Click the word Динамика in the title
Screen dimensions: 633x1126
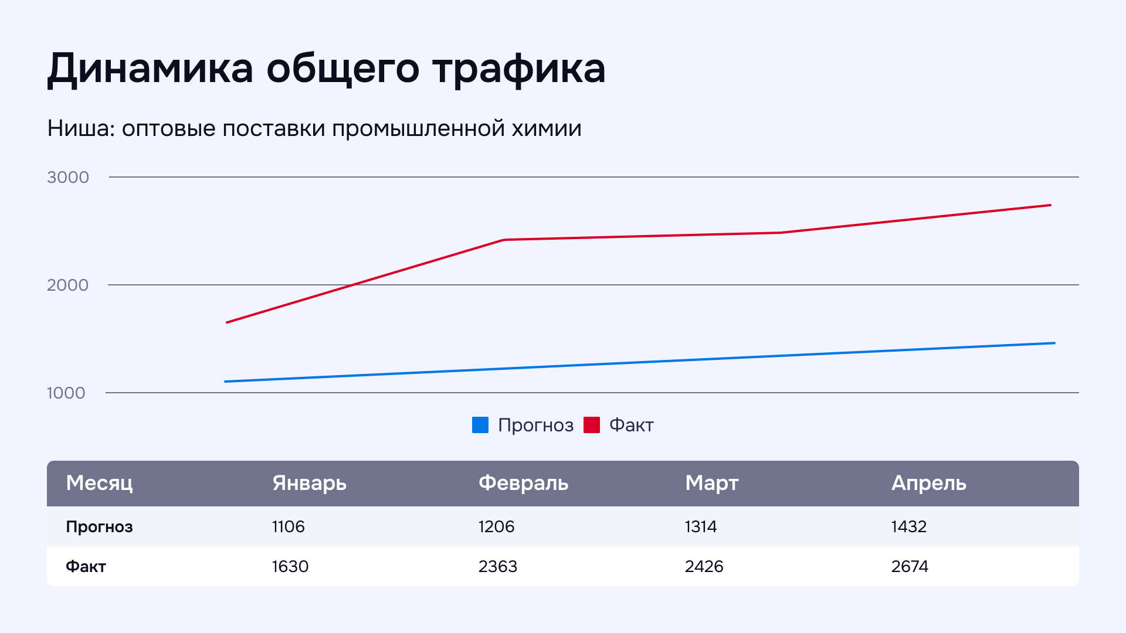tap(150, 69)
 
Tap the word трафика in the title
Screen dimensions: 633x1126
tap(519, 69)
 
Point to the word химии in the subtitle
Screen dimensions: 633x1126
tap(546, 128)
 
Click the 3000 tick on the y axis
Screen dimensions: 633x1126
tap(68, 177)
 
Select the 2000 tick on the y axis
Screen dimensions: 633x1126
tap(68, 285)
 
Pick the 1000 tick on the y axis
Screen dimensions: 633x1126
tap(66, 393)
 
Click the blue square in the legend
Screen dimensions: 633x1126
tap(480, 425)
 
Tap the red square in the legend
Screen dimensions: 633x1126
tap(592, 425)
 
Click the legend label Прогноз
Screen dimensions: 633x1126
tap(535, 425)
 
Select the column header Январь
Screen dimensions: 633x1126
tap(309, 484)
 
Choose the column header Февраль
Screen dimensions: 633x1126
tap(523, 484)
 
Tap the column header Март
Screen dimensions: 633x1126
tap(711, 484)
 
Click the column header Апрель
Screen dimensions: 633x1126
tap(928, 484)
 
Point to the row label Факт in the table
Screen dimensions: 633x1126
tap(86, 566)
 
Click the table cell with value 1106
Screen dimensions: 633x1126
tap(288, 526)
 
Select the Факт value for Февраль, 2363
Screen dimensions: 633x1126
tap(497, 566)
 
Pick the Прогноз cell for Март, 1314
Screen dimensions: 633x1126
tap(700, 526)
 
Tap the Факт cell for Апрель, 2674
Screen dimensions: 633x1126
tap(910, 566)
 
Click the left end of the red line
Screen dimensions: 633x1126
tap(227, 322)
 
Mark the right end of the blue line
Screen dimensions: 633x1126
tap(1054, 343)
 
